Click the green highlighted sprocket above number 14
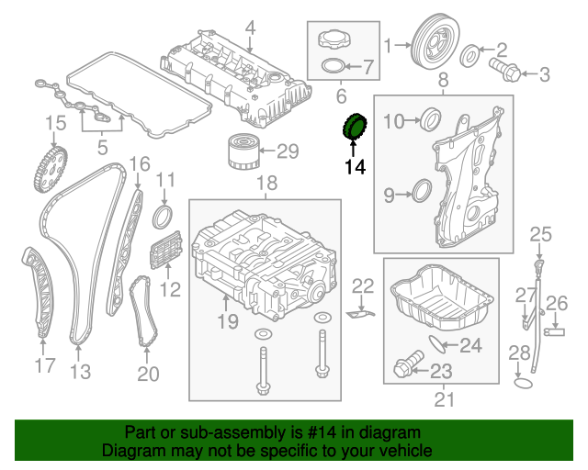point(355,128)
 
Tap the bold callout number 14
point(355,167)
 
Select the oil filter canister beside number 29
point(243,152)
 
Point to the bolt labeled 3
point(504,70)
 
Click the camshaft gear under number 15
point(51,171)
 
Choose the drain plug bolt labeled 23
point(409,364)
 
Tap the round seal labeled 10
point(431,118)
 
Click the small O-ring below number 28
point(523,384)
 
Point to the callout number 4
point(250,28)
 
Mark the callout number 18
point(266,184)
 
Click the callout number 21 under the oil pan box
point(444,399)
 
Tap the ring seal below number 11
point(163,217)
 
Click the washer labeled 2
point(469,56)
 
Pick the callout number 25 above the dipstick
point(540,235)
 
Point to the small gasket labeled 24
point(436,344)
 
